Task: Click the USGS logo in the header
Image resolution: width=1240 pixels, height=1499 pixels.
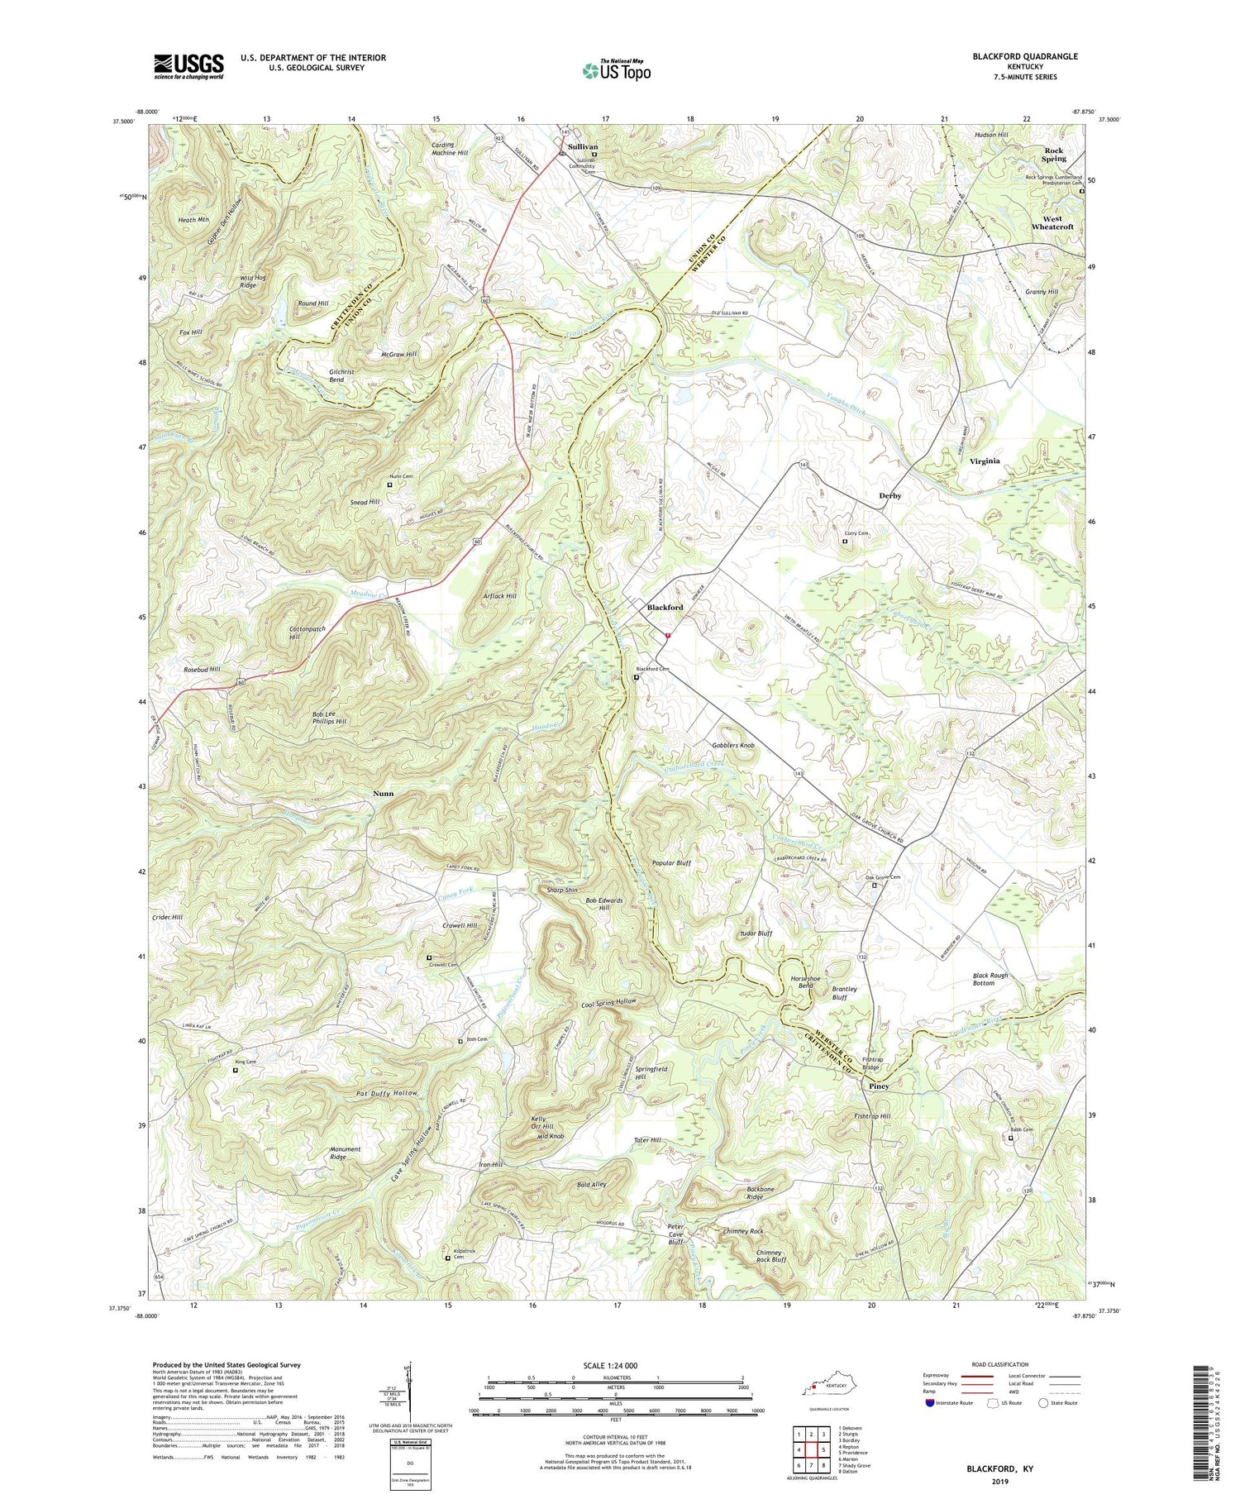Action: [x=188, y=66]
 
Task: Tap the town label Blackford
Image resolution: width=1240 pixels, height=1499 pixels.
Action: [x=665, y=607]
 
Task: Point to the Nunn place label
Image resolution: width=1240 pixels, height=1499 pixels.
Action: [x=383, y=793]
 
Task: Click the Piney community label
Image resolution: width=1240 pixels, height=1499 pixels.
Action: [x=879, y=1086]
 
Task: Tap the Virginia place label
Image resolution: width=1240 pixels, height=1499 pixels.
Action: [x=985, y=461]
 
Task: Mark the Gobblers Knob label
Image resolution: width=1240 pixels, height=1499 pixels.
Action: [x=733, y=746]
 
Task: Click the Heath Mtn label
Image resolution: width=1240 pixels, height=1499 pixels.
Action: [x=193, y=220]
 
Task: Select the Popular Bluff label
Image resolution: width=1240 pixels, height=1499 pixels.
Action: [x=671, y=862]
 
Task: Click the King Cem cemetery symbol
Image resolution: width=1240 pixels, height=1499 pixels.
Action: [x=235, y=1070]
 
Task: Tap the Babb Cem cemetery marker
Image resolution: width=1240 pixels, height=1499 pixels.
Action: [x=1010, y=1138]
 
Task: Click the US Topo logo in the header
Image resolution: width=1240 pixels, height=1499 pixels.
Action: [x=617, y=70]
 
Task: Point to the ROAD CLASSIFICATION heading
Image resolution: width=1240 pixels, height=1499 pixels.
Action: [x=1000, y=1365]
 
